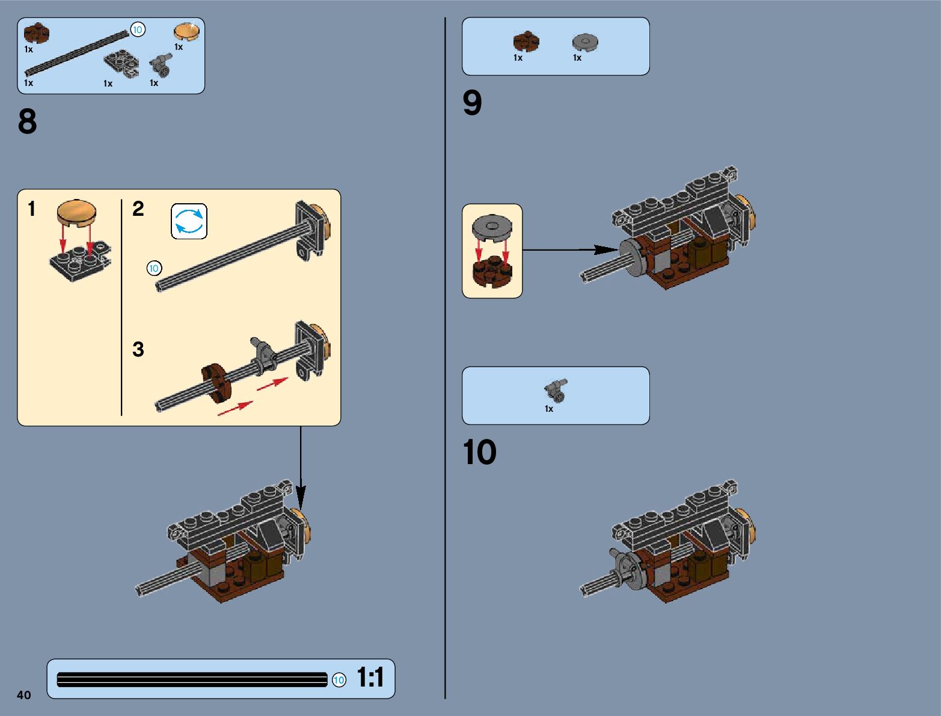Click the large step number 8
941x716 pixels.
[x=27, y=121]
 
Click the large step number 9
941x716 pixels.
[x=472, y=103]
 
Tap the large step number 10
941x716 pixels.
[x=479, y=452]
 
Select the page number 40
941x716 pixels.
[x=23, y=695]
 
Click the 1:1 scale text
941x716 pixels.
[x=370, y=678]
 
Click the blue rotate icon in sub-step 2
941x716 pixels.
[x=189, y=221]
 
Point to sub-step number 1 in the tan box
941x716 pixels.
[x=32, y=209]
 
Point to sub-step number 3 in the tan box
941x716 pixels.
[x=138, y=349]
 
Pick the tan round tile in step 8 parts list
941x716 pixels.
[x=186, y=32]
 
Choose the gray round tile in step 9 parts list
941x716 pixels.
[x=584, y=42]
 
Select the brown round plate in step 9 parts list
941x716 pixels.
[x=526, y=41]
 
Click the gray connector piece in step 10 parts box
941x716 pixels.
[x=556, y=391]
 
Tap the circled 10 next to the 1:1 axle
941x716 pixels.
[x=339, y=680]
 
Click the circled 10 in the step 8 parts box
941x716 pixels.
[x=138, y=29]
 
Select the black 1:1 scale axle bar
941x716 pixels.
[x=192, y=679]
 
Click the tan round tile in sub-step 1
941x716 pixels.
[x=76, y=213]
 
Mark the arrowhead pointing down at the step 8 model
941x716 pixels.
[x=301, y=498]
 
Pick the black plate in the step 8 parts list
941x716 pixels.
[x=121, y=64]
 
